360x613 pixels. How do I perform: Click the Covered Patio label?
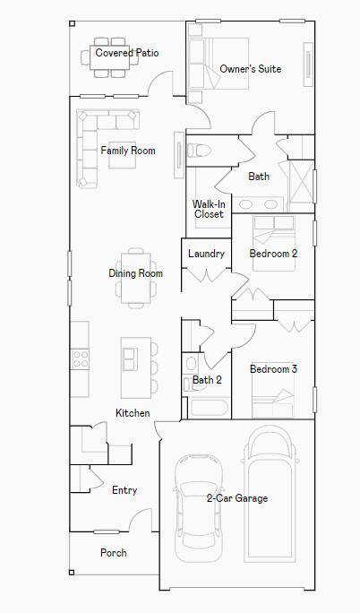[x=127, y=53]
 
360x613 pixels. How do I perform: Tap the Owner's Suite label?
[x=251, y=69]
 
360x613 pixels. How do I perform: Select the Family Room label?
[x=127, y=151]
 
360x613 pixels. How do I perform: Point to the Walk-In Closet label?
[x=209, y=209]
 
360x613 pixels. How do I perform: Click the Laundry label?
[x=206, y=254]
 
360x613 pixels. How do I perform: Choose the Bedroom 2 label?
[x=273, y=254]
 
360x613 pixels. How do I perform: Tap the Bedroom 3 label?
[x=273, y=369]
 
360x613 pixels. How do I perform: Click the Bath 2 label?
[x=207, y=380]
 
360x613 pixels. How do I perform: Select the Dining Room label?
[x=136, y=273]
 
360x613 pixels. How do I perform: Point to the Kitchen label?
[x=133, y=413]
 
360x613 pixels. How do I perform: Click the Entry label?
[x=124, y=490]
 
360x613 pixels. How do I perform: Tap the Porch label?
[x=113, y=553]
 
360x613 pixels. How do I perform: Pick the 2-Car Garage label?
[x=237, y=498]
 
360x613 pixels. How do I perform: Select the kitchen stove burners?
[x=81, y=359]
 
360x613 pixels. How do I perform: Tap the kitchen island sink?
[x=131, y=359]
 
